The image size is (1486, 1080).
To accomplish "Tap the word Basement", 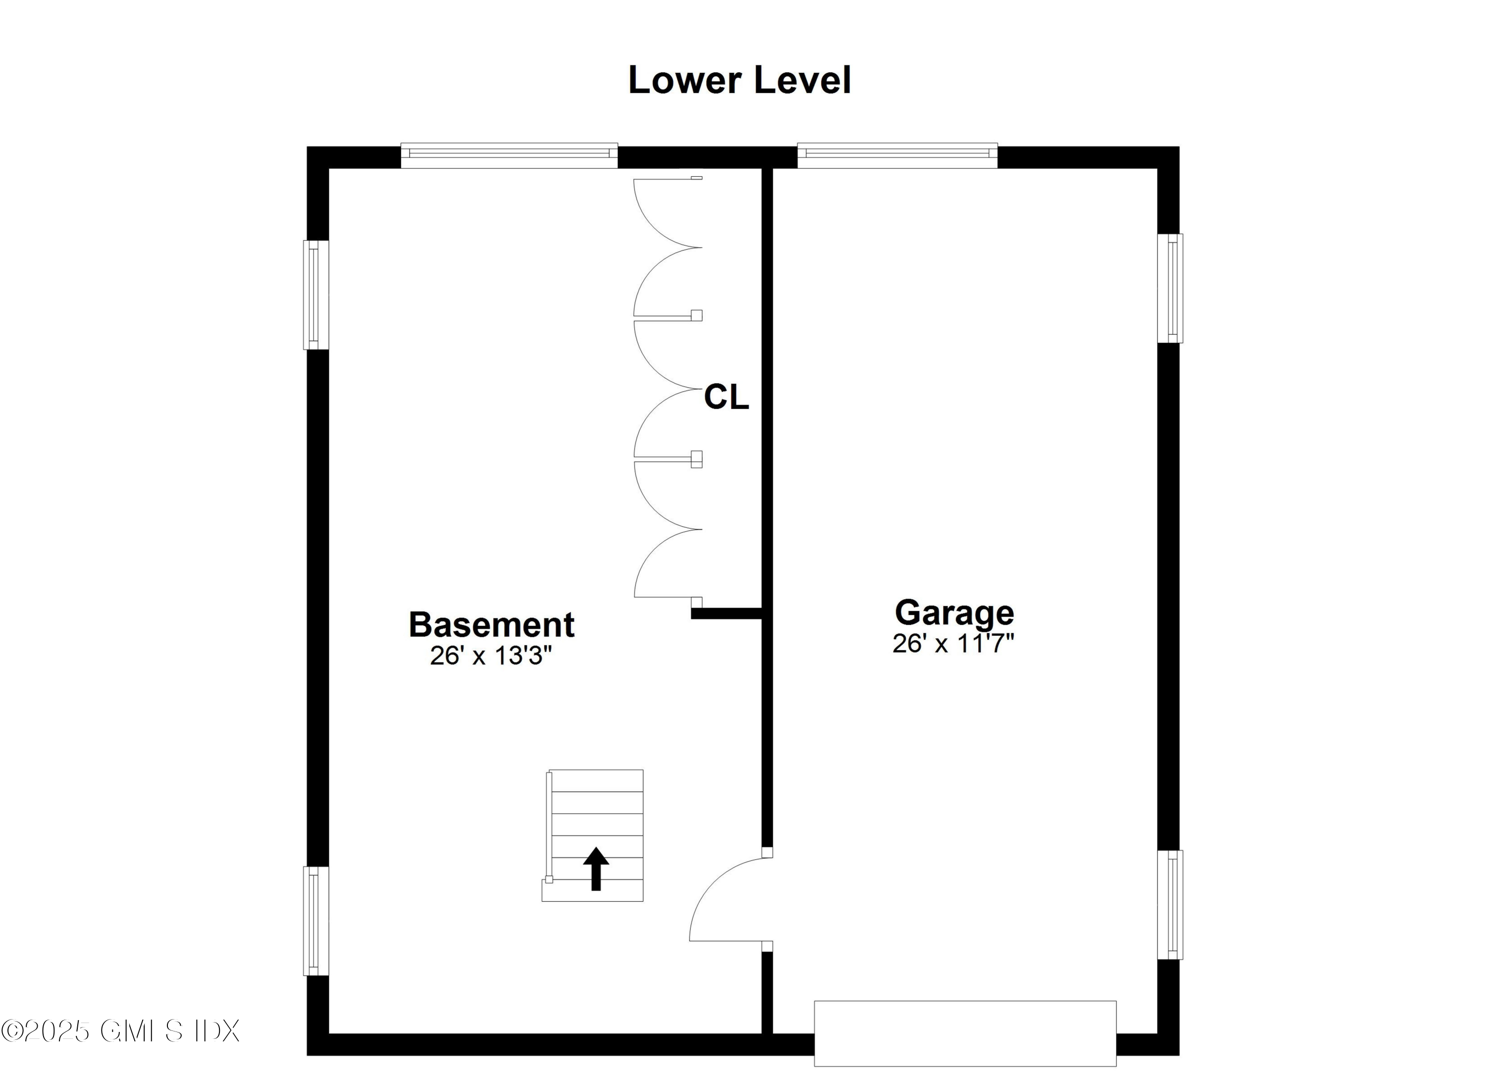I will pos(491,625).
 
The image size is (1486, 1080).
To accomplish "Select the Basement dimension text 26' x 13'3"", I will pos(491,656).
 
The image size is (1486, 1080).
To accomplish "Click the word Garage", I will pos(954,613).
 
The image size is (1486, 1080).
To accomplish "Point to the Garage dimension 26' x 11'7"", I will pos(954,644).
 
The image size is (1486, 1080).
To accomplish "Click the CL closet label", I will pos(726,397).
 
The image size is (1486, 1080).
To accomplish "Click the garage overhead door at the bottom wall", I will pos(964,1033).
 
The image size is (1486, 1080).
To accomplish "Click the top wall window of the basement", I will pos(509,155).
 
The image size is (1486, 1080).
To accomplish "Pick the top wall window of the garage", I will pos(897,155).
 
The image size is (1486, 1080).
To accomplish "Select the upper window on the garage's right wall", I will pos(1170,288).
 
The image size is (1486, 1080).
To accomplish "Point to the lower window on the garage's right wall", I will pos(1170,905).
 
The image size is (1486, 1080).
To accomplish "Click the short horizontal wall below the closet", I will pos(726,614).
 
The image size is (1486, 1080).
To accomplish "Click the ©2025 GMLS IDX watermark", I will pos(120,1031).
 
